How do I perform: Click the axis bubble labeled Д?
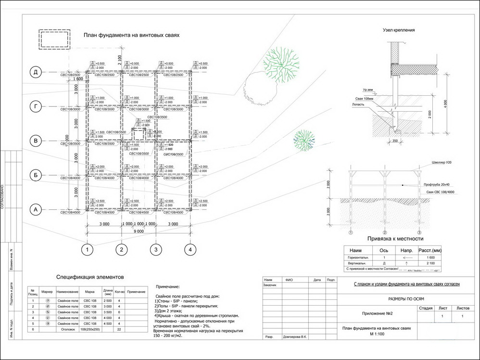pyautogui.click(x=35, y=72)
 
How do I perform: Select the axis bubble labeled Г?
pyautogui.click(x=35, y=106)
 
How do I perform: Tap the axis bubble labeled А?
pyautogui.click(x=35, y=210)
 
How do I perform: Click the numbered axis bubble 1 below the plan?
pyautogui.click(x=87, y=249)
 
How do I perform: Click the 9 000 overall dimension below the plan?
pyautogui.click(x=139, y=231)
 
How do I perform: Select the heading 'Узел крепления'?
pyautogui.click(x=399, y=30)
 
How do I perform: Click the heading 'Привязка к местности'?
pyautogui.click(x=395, y=238)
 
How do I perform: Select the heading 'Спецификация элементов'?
pyautogui.click(x=90, y=277)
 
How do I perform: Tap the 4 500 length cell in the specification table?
pyautogui.click(x=108, y=323)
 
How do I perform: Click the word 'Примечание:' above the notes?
pyautogui.click(x=168, y=286)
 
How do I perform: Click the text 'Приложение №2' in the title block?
pyautogui.click(x=377, y=314)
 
